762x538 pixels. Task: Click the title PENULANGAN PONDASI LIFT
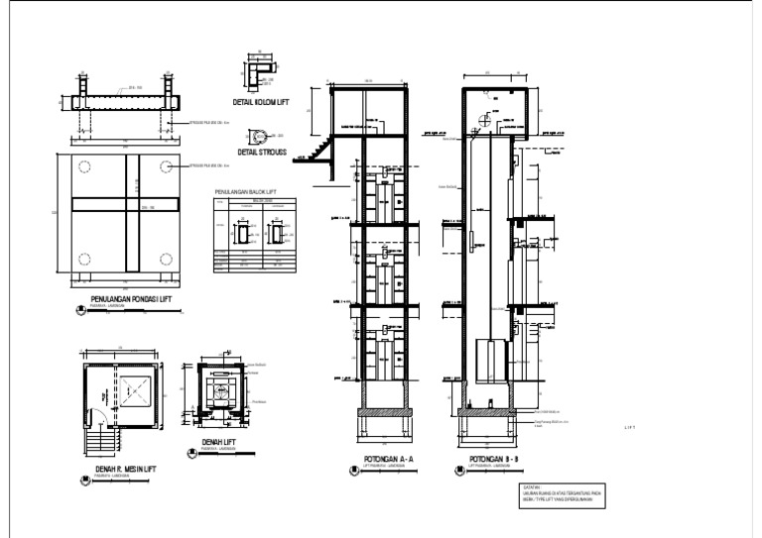coord(130,300)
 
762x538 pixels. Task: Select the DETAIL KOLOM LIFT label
coord(260,101)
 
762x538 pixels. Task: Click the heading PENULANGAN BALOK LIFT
coord(245,191)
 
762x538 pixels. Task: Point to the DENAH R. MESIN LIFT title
coord(125,470)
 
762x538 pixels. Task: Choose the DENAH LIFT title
coord(218,442)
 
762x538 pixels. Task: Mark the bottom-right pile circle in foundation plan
coord(167,260)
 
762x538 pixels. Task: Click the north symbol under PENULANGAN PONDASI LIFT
coord(81,310)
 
